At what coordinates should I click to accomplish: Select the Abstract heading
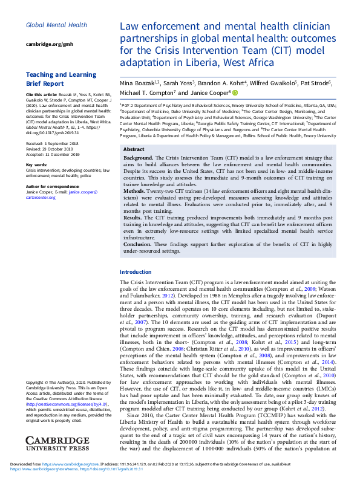[133, 149]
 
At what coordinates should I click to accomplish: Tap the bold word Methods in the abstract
[136, 190]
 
